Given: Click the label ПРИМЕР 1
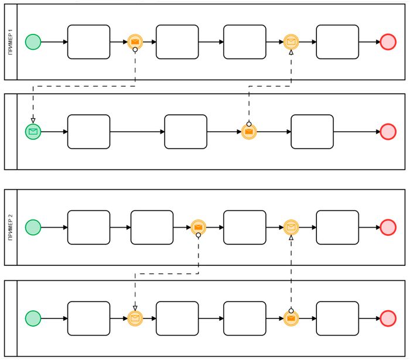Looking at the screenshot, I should pyautogui.click(x=11, y=42).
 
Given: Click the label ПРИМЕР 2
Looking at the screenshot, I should pyautogui.click(x=11, y=227).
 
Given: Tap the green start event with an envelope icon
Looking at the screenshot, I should pyautogui.click(x=33, y=132).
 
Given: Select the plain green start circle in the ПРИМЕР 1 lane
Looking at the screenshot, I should pyautogui.click(x=33, y=42).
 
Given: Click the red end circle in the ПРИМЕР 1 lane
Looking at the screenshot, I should pyautogui.click(x=388, y=42).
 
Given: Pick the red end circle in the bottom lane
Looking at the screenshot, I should pyautogui.click(x=388, y=318).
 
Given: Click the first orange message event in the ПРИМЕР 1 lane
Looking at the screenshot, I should pyautogui.click(x=135, y=42).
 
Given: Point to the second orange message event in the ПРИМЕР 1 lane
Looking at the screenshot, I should pyautogui.click(x=291, y=42).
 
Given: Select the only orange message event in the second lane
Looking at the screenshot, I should pyautogui.click(x=249, y=132).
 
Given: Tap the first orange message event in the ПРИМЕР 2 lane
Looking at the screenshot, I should pyautogui.click(x=199, y=227).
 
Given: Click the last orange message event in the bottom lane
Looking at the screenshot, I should pyautogui.click(x=291, y=318).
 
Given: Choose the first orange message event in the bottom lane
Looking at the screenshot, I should pyautogui.click(x=135, y=318).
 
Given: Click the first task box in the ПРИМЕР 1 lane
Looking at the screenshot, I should pyautogui.click(x=88, y=42).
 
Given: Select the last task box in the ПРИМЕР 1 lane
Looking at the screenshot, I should pyautogui.click(x=337, y=42).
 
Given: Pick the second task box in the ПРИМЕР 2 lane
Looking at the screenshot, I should pyautogui.click(x=152, y=227).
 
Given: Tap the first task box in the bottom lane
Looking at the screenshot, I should pyautogui.click(x=88, y=318).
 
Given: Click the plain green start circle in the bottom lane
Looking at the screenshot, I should pyautogui.click(x=33, y=318).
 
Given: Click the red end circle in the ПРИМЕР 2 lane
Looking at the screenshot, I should pyautogui.click(x=388, y=227).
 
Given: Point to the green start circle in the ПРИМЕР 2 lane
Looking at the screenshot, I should pyautogui.click(x=33, y=227).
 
